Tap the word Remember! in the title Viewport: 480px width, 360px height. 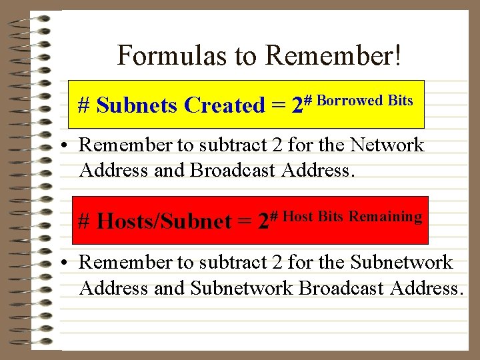(x=333, y=55)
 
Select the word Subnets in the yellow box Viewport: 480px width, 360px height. (x=137, y=105)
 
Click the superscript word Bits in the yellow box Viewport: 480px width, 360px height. (x=401, y=101)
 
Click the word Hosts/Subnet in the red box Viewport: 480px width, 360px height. (x=163, y=221)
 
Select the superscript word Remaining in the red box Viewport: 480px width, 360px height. (x=385, y=216)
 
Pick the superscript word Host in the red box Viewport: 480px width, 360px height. (x=298, y=216)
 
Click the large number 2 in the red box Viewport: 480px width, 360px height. (x=263, y=221)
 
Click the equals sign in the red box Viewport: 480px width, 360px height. (x=245, y=221)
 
